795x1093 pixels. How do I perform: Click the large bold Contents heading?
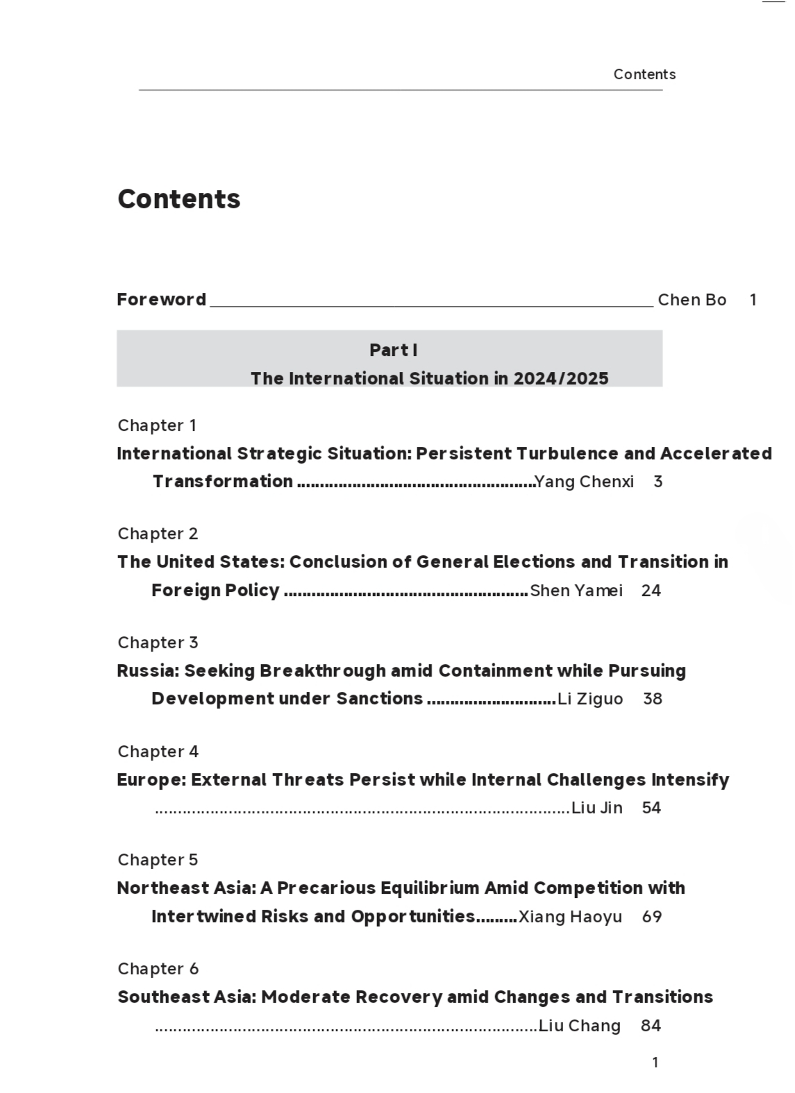(x=179, y=199)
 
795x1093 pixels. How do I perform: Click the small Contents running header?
(x=644, y=74)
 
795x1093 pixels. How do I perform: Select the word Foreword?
(x=161, y=299)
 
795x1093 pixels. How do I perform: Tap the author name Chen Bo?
(x=692, y=300)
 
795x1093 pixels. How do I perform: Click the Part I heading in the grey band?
(x=393, y=350)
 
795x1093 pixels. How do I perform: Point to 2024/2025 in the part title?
(x=561, y=378)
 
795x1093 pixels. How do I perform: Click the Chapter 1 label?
(x=157, y=425)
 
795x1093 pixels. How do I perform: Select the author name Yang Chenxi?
(x=584, y=482)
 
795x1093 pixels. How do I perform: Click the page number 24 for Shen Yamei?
(x=651, y=591)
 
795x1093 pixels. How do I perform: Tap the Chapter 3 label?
(x=158, y=643)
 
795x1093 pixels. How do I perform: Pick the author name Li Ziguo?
(x=590, y=699)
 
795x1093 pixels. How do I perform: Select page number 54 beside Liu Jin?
(x=651, y=808)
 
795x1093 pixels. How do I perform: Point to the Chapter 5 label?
(x=158, y=860)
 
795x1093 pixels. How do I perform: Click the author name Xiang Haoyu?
(x=570, y=917)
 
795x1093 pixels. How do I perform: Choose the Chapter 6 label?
(x=158, y=969)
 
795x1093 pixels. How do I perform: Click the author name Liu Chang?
(x=579, y=1026)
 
